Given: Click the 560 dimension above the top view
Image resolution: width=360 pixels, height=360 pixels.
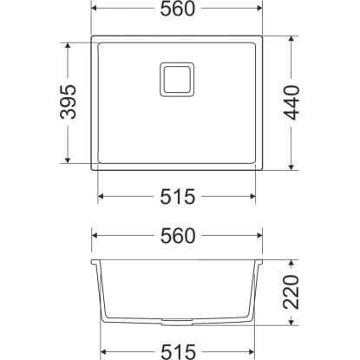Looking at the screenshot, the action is pyautogui.click(x=178, y=9).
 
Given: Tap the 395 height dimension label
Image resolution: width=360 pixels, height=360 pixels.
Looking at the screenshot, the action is pyautogui.click(x=69, y=101).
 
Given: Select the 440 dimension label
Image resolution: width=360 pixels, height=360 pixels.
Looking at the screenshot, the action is pyautogui.click(x=291, y=102).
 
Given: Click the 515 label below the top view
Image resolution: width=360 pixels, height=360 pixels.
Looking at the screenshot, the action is pyautogui.click(x=178, y=197).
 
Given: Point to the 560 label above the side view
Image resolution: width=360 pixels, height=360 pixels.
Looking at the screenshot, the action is pyautogui.click(x=178, y=236).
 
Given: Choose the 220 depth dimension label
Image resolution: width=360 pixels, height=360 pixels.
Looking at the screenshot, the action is pyautogui.click(x=291, y=292).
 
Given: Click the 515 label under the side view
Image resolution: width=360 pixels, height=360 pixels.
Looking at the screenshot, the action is pyautogui.click(x=178, y=352).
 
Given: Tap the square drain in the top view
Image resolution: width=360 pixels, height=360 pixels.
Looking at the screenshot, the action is pyautogui.click(x=177, y=79).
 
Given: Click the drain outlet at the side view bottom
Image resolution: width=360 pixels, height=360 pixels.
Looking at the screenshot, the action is pyautogui.click(x=177, y=320).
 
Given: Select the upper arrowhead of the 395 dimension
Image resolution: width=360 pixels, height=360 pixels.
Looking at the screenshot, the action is pyautogui.click(x=68, y=46).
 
